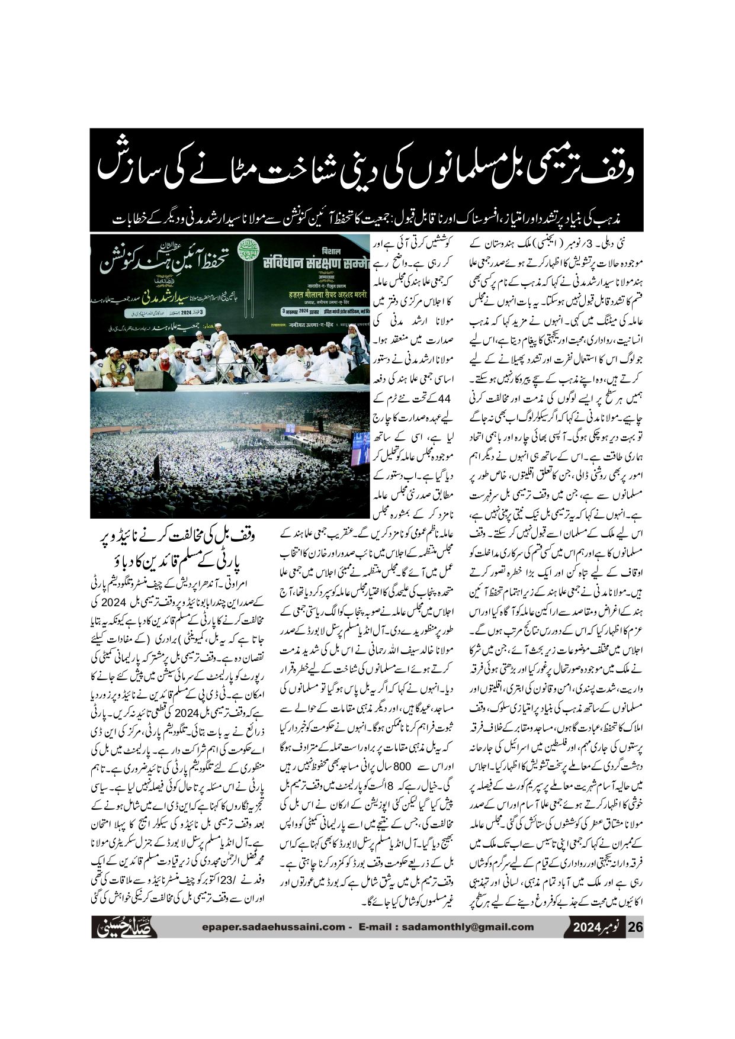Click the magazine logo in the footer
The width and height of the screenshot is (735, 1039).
click(126, 927)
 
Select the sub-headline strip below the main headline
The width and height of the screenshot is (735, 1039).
click(367, 219)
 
